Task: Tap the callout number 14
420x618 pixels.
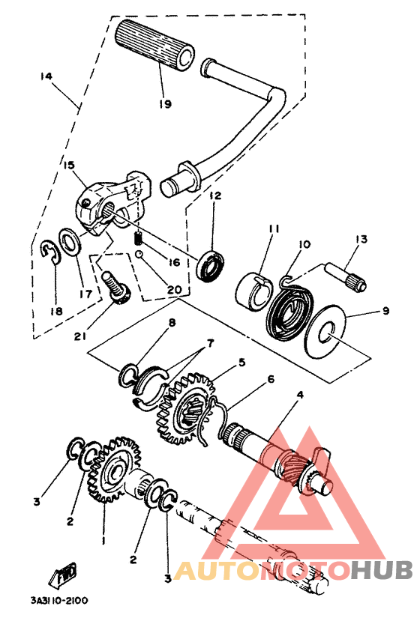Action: (x=46, y=76)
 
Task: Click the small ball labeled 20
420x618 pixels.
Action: (x=139, y=255)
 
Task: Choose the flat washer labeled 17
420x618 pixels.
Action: (x=70, y=241)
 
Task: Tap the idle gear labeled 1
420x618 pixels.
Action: (x=115, y=470)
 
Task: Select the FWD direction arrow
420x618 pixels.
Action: (x=63, y=572)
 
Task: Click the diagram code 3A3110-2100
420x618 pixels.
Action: (x=59, y=601)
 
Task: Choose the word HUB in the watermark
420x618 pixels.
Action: (x=381, y=570)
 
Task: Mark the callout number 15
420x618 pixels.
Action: (x=69, y=164)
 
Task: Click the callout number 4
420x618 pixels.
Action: (x=301, y=395)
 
